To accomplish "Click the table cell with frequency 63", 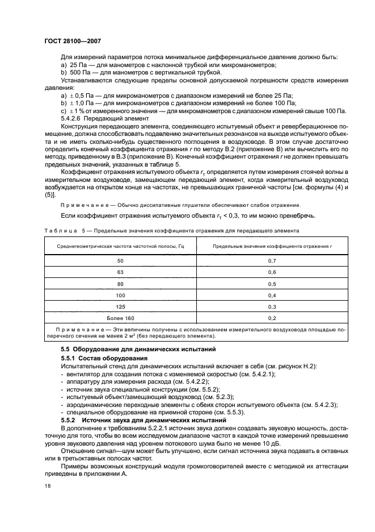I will point(120,272).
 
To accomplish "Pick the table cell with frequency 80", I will point(120,284).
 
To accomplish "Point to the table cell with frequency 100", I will point(120,296).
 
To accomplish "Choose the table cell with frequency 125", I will point(120,307).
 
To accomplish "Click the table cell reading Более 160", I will point(120,318).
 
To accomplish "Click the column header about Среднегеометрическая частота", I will point(120,246).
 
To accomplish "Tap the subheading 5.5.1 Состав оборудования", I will point(104,359).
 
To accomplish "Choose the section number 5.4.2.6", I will point(71,118).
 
